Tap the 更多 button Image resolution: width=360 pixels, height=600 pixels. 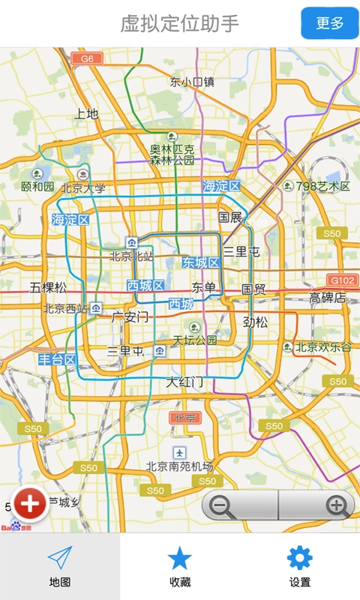click(x=330, y=23)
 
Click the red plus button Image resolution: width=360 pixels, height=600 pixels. click(x=30, y=505)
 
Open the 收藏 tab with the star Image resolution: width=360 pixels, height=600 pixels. click(x=180, y=566)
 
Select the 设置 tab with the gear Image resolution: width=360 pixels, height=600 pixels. click(x=299, y=566)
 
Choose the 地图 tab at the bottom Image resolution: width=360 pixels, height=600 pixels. click(x=60, y=566)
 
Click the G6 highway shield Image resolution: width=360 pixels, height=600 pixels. click(x=87, y=58)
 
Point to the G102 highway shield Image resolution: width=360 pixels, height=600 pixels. click(x=343, y=280)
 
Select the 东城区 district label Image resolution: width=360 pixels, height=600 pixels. click(x=200, y=262)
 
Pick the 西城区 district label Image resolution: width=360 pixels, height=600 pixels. click(x=145, y=285)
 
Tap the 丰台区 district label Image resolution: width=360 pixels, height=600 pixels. click(x=58, y=360)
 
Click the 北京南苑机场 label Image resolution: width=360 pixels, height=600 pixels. click(x=180, y=466)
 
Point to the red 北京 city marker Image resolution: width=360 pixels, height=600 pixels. click(x=183, y=418)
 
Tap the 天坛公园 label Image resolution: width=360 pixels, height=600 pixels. click(x=195, y=340)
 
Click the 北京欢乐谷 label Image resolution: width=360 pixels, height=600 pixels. click(x=322, y=347)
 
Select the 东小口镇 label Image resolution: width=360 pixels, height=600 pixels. click(x=192, y=82)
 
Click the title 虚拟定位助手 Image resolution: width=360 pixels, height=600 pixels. click(x=180, y=23)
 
